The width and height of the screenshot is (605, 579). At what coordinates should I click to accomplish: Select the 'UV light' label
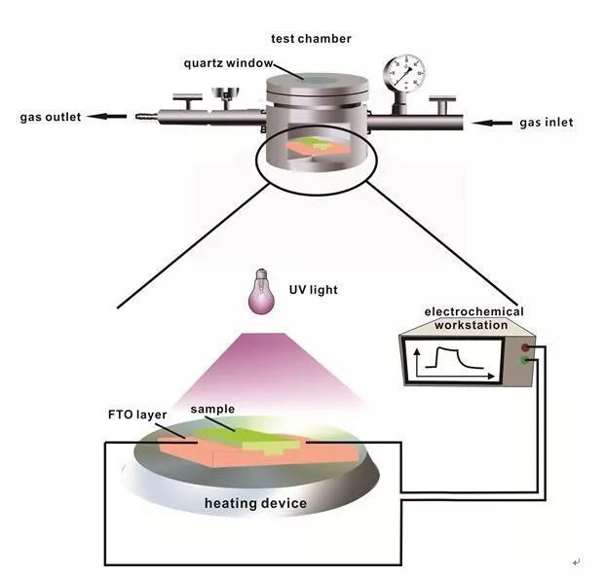click(x=315, y=290)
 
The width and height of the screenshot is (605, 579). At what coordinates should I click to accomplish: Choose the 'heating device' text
click(x=255, y=503)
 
